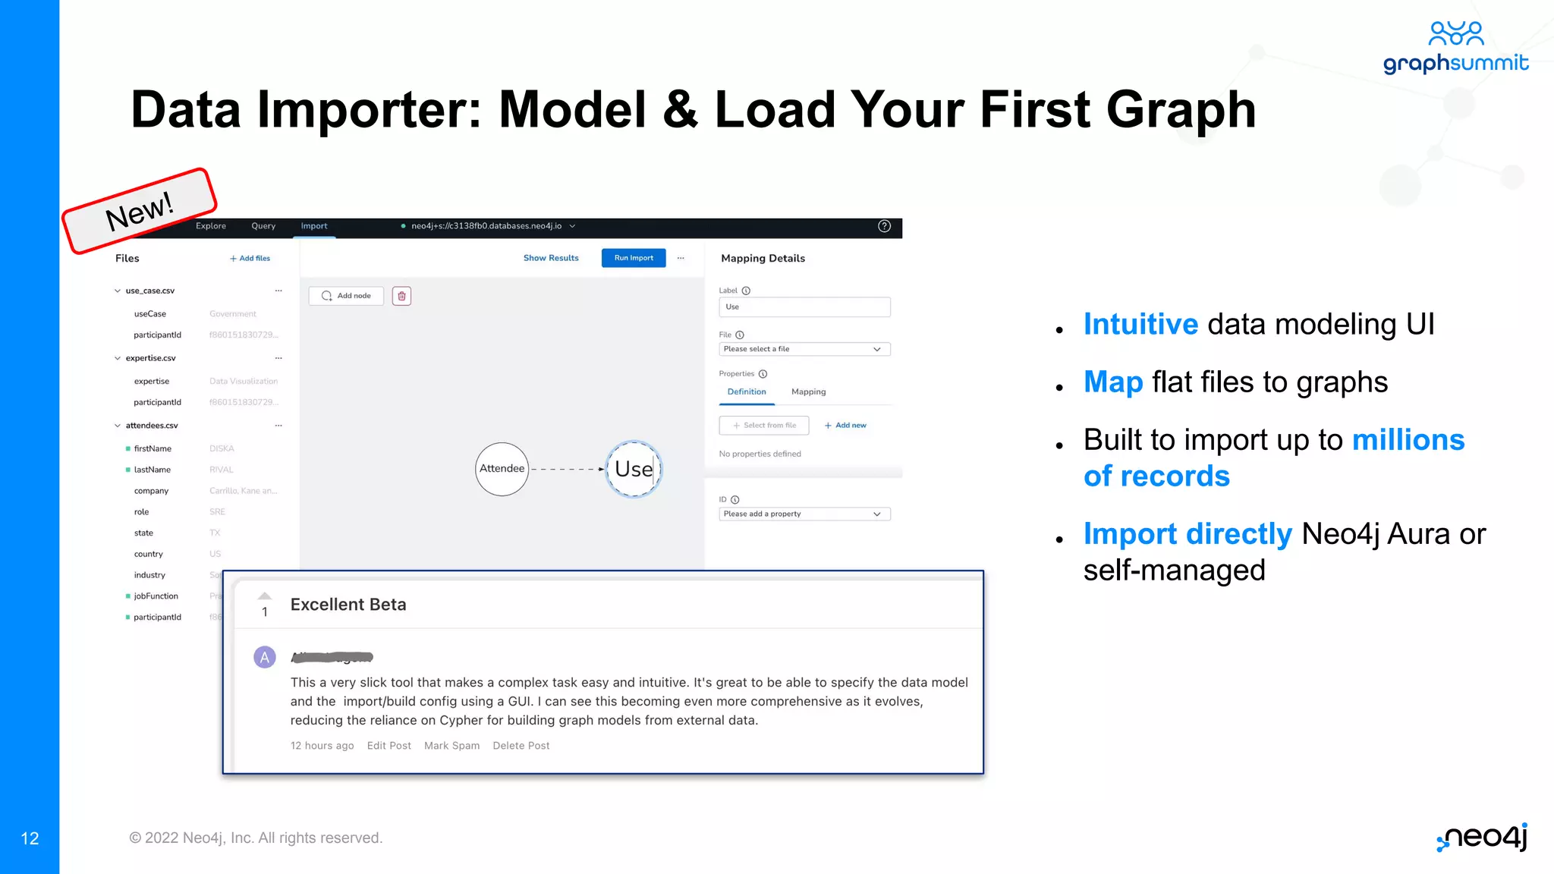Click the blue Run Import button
click(x=634, y=258)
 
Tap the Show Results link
click(x=551, y=258)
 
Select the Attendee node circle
click(x=502, y=469)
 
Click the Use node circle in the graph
click(x=634, y=469)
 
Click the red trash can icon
click(x=401, y=296)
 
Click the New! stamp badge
click(x=140, y=211)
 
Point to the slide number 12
click(x=30, y=838)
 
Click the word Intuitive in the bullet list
click(x=1140, y=325)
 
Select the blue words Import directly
click(x=1188, y=534)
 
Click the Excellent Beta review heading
click(x=348, y=605)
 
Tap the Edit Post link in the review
click(x=388, y=746)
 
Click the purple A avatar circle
click(x=264, y=657)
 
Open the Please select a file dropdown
click(x=804, y=349)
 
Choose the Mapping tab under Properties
click(x=808, y=392)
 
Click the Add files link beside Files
click(x=250, y=259)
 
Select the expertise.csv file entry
click(x=150, y=358)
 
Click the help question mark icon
click(x=884, y=226)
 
